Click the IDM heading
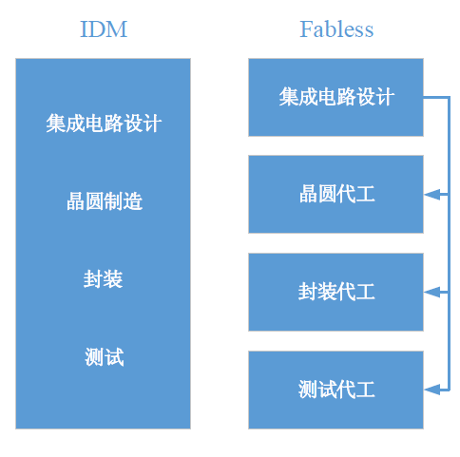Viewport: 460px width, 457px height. [x=104, y=29]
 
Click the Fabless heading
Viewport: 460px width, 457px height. [x=336, y=29]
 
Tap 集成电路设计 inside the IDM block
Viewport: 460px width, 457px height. [x=104, y=124]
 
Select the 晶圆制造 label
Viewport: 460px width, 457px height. [x=105, y=201]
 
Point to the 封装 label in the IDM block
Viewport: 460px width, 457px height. [x=104, y=279]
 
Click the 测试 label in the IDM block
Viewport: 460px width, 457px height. [x=105, y=357]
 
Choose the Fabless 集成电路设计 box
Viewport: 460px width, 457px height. [x=335, y=97]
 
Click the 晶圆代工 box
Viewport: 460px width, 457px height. [x=335, y=195]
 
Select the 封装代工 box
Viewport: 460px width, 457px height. [x=335, y=292]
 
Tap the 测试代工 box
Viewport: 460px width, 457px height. [x=335, y=390]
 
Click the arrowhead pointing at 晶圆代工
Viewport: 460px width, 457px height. [x=432, y=195]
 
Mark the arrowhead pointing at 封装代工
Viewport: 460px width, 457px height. [x=432, y=293]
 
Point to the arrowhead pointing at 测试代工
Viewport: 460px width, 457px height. [x=432, y=390]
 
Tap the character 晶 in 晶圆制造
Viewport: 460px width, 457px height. [x=75, y=201]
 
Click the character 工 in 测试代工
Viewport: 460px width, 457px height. [x=366, y=390]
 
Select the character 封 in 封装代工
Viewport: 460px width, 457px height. [x=307, y=292]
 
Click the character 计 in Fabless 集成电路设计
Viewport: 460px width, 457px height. [x=385, y=97]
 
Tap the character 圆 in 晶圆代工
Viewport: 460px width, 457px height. [x=327, y=194]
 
